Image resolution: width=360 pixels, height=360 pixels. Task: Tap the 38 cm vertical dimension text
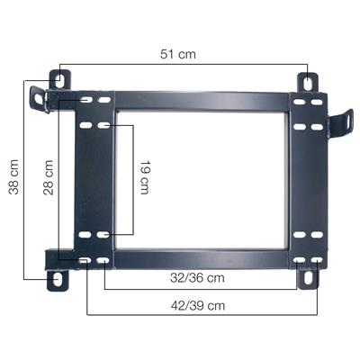coord(13,179)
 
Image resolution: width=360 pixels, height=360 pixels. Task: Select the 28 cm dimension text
coord(49,177)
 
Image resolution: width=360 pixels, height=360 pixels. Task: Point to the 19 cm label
coord(145,177)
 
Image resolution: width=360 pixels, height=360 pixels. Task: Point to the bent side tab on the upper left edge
coord(38,97)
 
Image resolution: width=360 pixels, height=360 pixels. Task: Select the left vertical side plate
coord(94,178)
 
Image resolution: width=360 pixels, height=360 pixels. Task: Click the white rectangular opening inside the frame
coord(200,178)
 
